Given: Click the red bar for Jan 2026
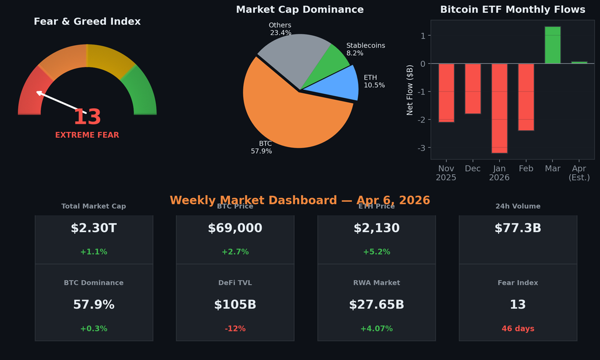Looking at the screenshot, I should [499, 108].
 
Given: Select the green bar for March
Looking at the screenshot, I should [553, 45].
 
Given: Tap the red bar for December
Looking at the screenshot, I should [473, 89].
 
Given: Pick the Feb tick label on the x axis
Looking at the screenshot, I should [526, 169].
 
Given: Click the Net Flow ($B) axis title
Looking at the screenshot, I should [410, 90].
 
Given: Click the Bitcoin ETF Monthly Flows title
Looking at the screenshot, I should [512, 10].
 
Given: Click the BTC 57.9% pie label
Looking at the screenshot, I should [262, 147].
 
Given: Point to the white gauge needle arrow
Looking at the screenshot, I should [59, 101].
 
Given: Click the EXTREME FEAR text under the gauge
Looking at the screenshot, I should [87, 135].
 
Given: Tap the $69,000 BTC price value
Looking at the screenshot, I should [235, 229].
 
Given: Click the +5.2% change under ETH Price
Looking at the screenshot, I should [376, 252].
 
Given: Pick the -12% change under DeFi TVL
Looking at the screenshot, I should [235, 329].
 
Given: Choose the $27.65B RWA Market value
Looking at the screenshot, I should [376, 305].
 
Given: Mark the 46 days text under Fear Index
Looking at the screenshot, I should [517, 329].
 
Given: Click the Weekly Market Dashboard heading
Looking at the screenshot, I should [299, 201].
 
